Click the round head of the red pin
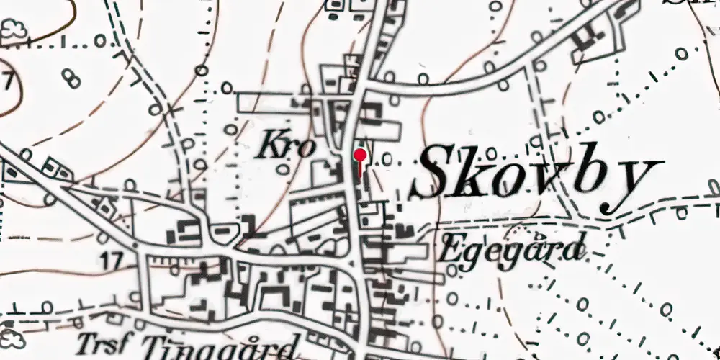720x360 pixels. pos(360,154)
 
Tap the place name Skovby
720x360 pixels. pos(536,176)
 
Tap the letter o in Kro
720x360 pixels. pos(305,149)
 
